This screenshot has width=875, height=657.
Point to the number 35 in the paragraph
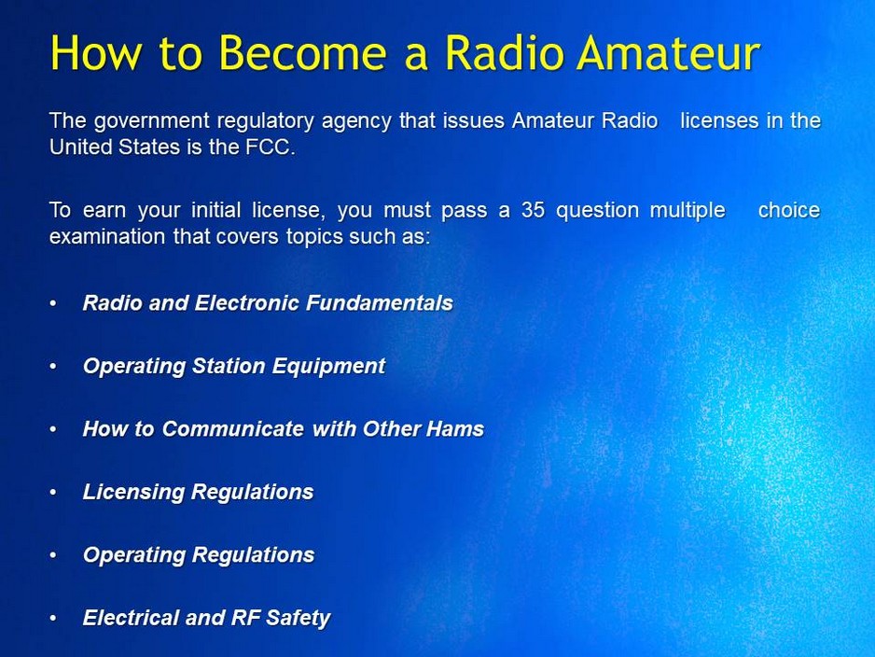click(x=533, y=210)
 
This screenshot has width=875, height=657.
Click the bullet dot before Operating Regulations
click(x=54, y=555)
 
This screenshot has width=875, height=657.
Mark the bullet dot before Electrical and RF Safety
click(x=54, y=618)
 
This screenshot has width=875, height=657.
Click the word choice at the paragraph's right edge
click(x=788, y=210)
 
